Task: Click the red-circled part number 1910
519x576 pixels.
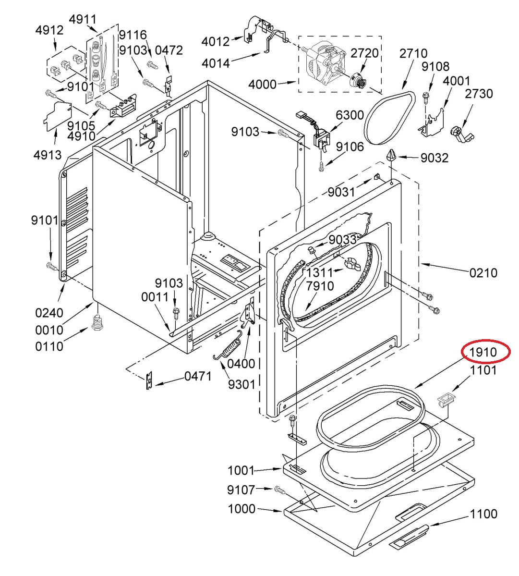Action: coord(483,352)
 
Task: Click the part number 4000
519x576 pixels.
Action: coord(262,85)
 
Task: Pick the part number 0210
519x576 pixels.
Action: coord(483,273)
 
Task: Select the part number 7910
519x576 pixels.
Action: coord(320,286)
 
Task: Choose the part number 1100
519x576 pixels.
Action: coord(483,514)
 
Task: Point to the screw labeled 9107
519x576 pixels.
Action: coord(279,490)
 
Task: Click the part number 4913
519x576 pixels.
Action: coord(48,155)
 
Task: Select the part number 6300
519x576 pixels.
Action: coord(350,115)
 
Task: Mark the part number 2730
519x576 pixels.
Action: coord(479,94)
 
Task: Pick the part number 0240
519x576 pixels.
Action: coord(49,313)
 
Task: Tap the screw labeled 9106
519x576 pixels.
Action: coord(322,165)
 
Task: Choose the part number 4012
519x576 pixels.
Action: coord(215,41)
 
